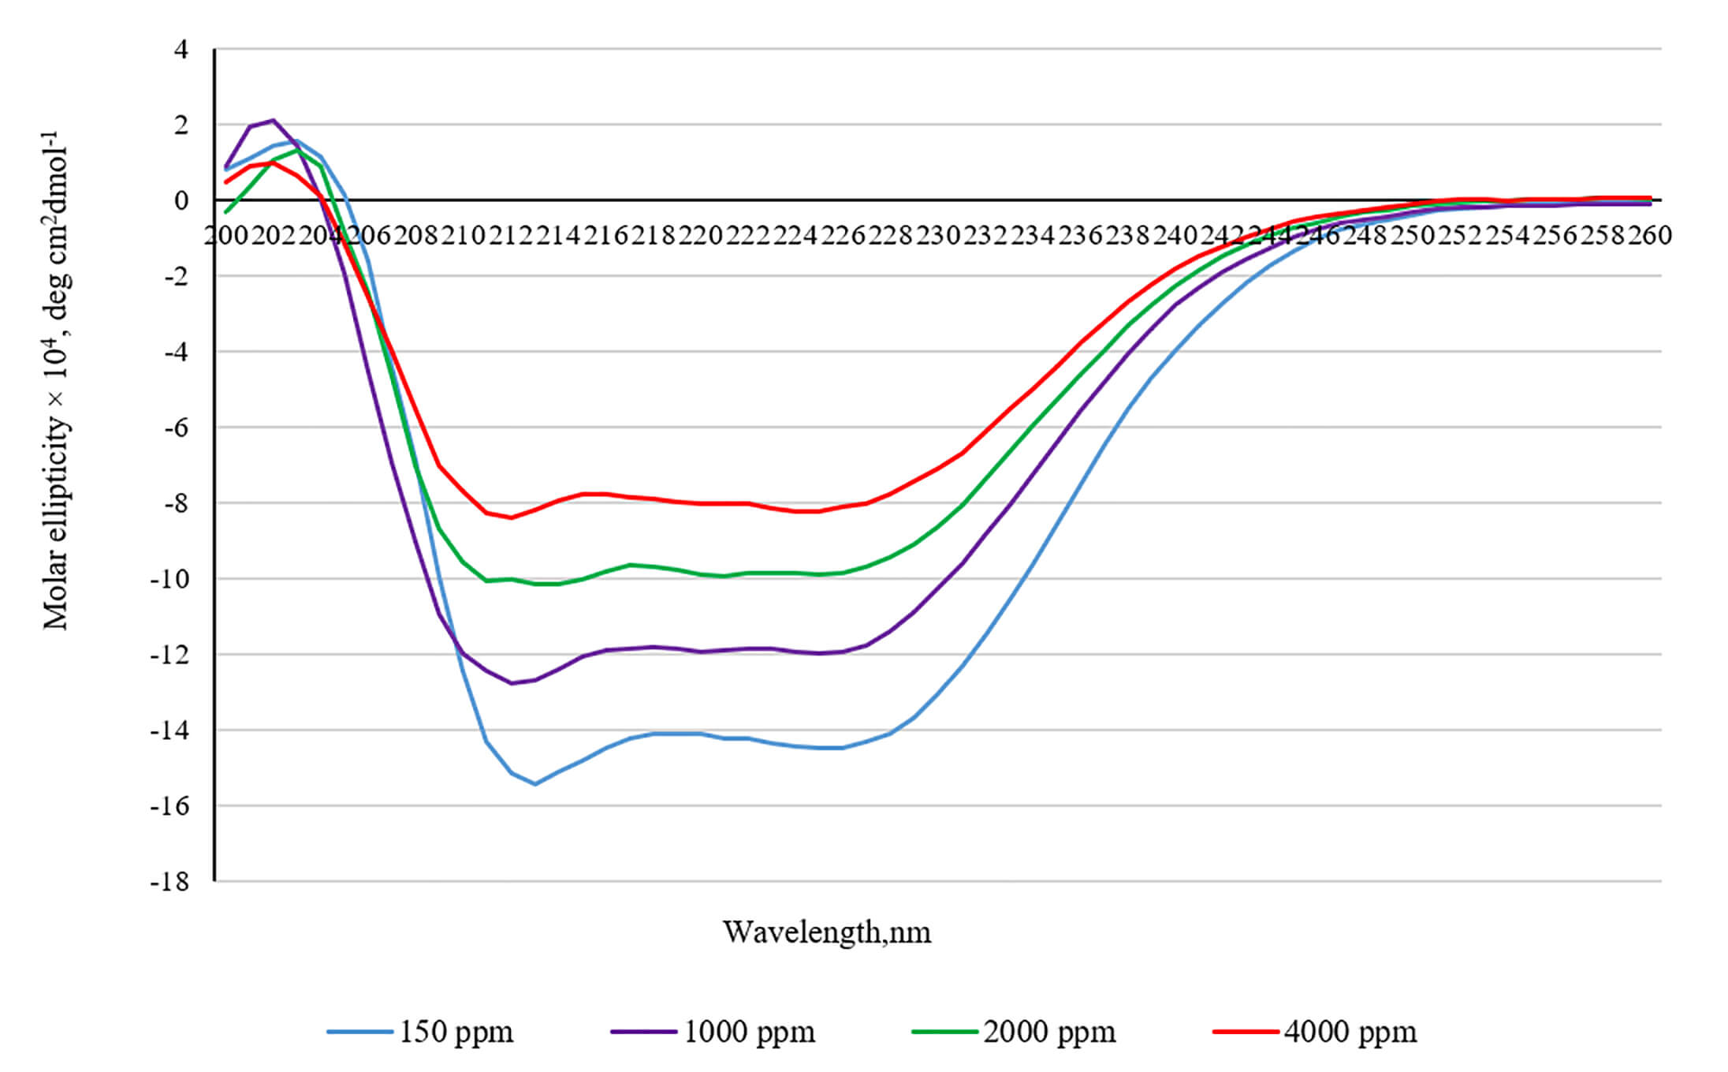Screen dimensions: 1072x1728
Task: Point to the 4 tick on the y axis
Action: click(181, 50)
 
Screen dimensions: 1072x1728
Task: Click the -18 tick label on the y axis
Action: click(170, 882)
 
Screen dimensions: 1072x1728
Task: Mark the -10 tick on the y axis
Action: click(170, 579)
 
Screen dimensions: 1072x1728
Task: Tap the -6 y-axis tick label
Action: click(176, 428)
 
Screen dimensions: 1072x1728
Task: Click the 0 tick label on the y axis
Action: click(181, 200)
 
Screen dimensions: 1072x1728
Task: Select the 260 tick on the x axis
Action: click(1650, 235)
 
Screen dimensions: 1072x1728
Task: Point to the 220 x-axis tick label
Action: click(701, 235)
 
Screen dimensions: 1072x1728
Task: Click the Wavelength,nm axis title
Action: click(827, 932)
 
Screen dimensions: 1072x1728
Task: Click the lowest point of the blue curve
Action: click(534, 784)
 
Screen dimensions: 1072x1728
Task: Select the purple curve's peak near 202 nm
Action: click(273, 120)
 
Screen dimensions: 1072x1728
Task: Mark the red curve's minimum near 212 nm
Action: click(511, 517)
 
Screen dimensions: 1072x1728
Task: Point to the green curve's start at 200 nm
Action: click(226, 212)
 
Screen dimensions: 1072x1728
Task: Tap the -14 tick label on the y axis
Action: click(170, 730)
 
